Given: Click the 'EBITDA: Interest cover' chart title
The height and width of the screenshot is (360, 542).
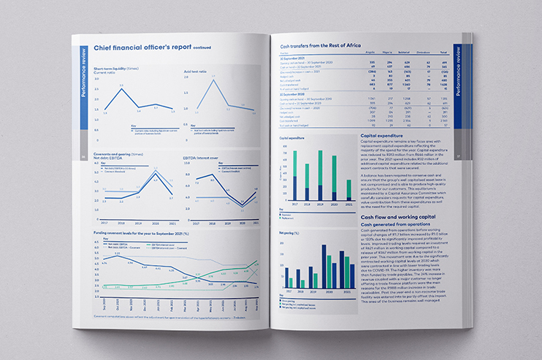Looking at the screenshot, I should click(x=201, y=156).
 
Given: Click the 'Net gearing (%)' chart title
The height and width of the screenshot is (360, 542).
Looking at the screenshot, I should click(x=292, y=231).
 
